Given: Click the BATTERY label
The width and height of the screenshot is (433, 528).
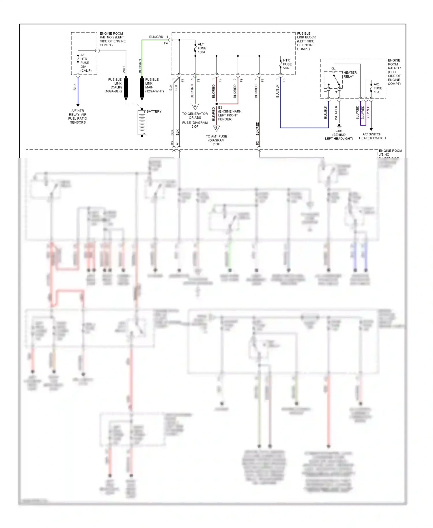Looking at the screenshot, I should (154, 111).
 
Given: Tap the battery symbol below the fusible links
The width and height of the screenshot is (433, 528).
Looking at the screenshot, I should (142, 123).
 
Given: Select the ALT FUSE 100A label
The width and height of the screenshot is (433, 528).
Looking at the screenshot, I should (202, 48).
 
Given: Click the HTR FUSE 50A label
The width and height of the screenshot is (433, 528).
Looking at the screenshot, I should (287, 64).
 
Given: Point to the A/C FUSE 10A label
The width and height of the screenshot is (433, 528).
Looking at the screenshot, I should (378, 88).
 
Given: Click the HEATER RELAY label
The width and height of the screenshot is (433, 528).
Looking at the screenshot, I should (350, 75).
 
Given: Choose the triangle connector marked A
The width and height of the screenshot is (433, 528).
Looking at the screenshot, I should (195, 107).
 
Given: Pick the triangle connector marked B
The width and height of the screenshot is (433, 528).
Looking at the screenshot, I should (216, 128).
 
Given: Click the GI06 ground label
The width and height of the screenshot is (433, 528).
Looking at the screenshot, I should (339, 131).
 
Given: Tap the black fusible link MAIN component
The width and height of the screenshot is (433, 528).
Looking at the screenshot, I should (142, 88).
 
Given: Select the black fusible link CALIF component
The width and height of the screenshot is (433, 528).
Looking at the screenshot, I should (126, 88).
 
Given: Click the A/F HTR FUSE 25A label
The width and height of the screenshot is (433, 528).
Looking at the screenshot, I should (85, 63).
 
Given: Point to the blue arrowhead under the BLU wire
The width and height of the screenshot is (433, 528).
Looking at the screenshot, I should (78, 105).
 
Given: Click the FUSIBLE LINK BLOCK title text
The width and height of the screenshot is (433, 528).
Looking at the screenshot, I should (306, 41).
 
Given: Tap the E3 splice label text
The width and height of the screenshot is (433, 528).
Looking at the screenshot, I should (230, 113).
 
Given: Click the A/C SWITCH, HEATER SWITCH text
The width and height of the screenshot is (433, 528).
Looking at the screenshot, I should (372, 136).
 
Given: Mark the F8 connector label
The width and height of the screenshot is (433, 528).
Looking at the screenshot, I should (284, 80).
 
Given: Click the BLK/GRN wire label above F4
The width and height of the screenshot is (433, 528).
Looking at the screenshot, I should (156, 37).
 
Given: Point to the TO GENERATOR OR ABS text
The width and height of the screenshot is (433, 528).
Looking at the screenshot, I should (195, 116).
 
